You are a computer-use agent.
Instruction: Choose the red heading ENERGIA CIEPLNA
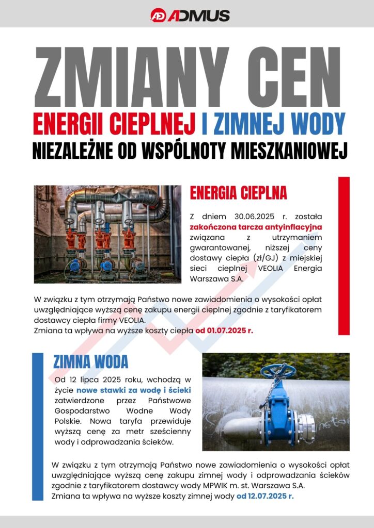238,193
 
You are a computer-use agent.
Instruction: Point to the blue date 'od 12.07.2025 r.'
265,497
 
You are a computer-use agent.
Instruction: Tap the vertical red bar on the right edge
344,256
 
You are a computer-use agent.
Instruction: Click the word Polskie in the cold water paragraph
69,421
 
